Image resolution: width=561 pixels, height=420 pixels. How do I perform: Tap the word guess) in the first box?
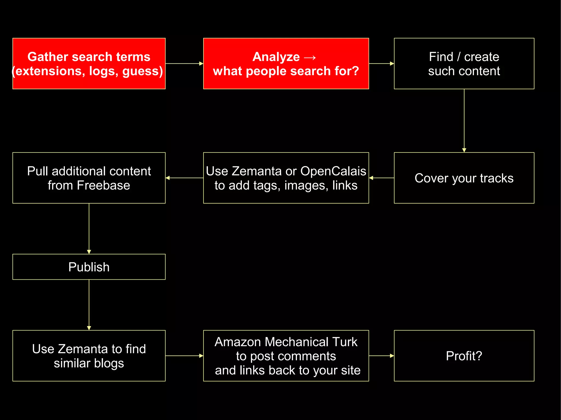pyautogui.click(x=143, y=71)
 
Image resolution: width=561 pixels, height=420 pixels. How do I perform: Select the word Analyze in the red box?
pyautogui.click(x=276, y=57)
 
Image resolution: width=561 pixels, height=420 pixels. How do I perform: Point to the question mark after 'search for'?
pyautogui.click(x=355, y=71)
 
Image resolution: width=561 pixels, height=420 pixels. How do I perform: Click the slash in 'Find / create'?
pyautogui.click(x=459, y=57)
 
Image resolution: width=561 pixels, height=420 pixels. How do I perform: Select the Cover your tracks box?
pyautogui.click(x=464, y=178)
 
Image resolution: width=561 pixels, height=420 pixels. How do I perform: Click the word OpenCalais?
pyautogui.click(x=333, y=171)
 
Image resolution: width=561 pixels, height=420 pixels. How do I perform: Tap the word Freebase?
pyautogui.click(x=103, y=186)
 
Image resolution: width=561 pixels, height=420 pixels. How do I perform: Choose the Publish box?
pyautogui.click(x=89, y=267)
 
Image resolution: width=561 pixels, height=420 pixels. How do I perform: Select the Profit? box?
pyautogui.click(x=464, y=356)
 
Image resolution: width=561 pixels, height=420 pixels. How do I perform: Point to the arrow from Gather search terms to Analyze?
pyautogui.click(x=184, y=63)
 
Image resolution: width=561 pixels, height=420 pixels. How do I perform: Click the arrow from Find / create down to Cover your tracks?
pyautogui.click(x=464, y=120)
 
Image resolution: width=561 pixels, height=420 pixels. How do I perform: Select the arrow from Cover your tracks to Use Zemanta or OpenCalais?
pyautogui.click(x=381, y=178)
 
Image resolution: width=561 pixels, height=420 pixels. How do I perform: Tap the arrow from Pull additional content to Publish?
pyautogui.click(x=89, y=228)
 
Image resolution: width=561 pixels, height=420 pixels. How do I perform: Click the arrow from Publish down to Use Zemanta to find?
pyautogui.click(x=89, y=305)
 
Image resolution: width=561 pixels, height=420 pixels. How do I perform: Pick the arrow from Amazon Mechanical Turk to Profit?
pyautogui.click(x=381, y=356)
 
